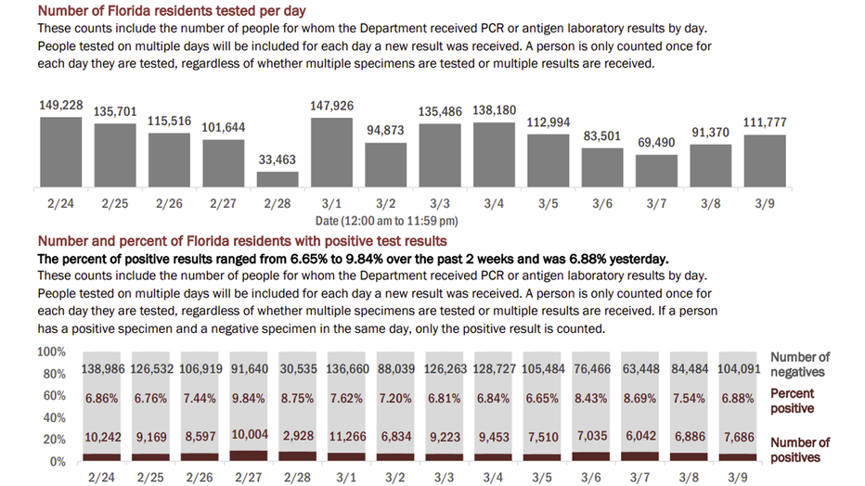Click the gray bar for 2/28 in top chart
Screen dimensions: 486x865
point(278,180)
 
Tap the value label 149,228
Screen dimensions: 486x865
point(60,106)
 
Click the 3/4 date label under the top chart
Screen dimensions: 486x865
point(494,203)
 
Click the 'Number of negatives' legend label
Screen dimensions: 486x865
point(800,364)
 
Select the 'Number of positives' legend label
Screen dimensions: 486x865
point(800,450)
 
